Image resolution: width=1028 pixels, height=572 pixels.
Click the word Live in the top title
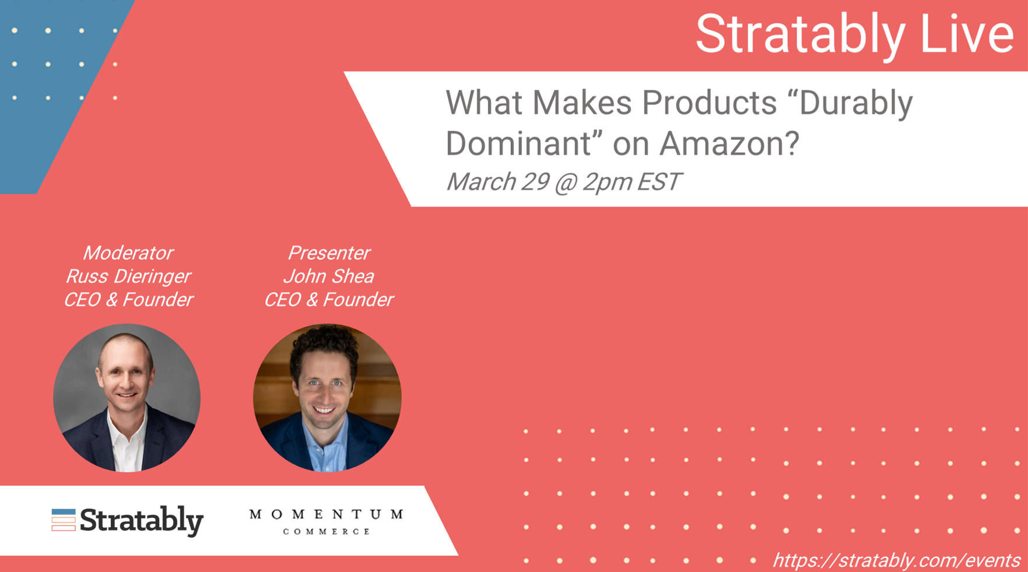point(967,34)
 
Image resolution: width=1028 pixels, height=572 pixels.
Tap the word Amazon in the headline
point(729,143)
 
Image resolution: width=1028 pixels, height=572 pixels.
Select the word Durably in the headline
point(855,104)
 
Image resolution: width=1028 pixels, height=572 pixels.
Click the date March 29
point(497,181)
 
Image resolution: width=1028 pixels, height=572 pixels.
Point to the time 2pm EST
point(632,181)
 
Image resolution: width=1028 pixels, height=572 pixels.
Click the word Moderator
point(128,253)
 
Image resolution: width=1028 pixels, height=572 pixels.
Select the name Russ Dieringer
point(128,276)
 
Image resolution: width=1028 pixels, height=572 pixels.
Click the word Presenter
point(329,253)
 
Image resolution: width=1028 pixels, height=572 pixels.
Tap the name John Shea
point(329,276)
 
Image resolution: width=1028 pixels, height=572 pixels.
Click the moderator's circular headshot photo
point(127,398)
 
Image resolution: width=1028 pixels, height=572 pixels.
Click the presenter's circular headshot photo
point(327,398)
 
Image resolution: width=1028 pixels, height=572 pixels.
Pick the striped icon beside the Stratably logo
point(64,520)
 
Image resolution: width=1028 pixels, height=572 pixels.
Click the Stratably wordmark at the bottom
point(142,521)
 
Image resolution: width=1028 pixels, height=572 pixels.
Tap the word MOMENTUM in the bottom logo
point(327,514)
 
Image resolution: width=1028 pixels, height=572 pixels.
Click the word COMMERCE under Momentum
point(327,531)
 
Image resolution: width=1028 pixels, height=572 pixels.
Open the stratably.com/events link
point(896,560)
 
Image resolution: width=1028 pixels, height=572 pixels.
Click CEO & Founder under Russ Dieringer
point(128,300)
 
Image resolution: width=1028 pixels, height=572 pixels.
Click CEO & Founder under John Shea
point(329,300)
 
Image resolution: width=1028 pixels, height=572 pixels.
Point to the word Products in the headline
point(710,103)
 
